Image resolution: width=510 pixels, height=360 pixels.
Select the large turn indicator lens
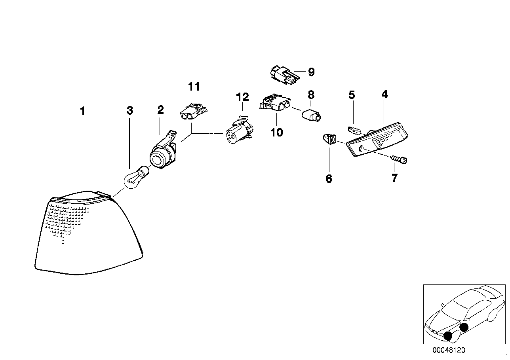tap(87, 233)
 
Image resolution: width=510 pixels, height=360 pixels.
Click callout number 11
tap(194, 87)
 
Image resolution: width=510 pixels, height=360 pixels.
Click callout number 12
tap(242, 97)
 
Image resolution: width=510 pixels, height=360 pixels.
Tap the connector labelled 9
tap(284, 75)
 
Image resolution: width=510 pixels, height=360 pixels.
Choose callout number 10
tap(277, 132)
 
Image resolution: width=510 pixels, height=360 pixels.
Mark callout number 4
tap(384, 94)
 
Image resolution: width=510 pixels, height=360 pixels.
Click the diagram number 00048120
tap(449, 350)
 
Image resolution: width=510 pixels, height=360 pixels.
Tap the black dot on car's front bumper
tap(448, 336)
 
